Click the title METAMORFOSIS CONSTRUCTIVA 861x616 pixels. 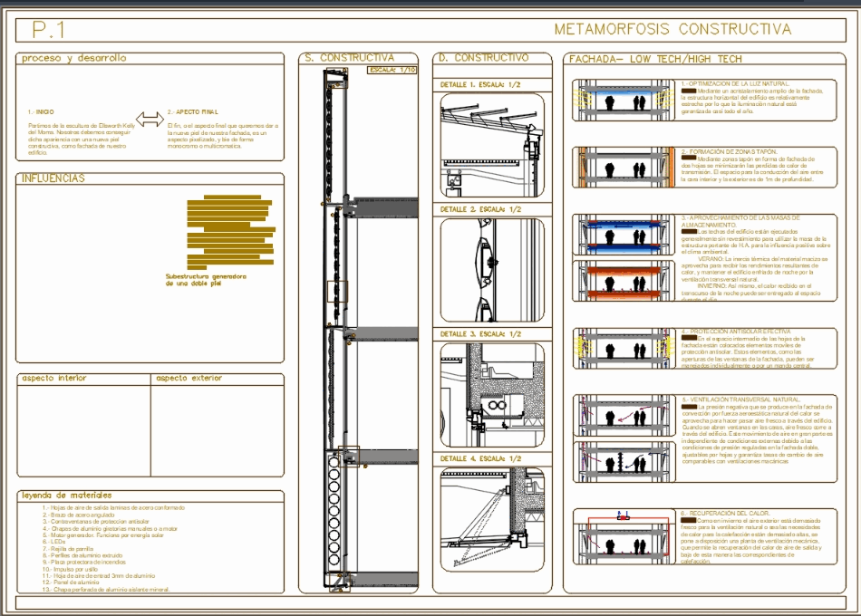point(672,29)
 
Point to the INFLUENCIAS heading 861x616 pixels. point(53,178)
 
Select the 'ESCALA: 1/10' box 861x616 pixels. point(392,70)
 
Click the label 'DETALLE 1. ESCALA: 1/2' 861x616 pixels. point(481,84)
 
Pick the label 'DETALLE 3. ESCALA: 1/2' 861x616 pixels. point(481,333)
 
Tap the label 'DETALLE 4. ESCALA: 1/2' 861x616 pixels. point(481,458)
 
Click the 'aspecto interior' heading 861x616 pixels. point(53,378)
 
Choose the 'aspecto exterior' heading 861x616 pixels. point(191,378)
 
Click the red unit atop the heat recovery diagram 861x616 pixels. point(622,515)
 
